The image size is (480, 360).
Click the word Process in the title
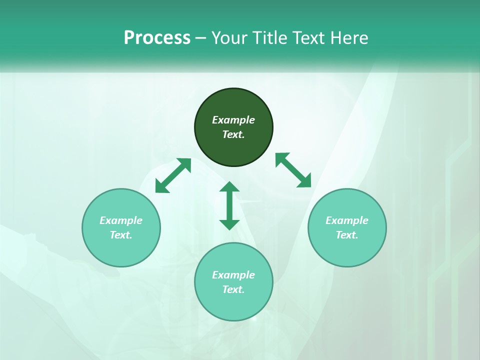(157, 38)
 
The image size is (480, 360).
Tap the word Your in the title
(230, 38)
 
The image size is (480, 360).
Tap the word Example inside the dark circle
(233, 120)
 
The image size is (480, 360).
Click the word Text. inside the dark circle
(233, 134)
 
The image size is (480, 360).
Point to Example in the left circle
(121, 220)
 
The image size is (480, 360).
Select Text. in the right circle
(347, 235)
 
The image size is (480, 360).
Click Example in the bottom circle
(233, 275)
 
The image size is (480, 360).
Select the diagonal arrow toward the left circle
(173, 175)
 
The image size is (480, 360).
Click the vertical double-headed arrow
(229, 205)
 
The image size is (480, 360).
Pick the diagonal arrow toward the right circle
(293, 170)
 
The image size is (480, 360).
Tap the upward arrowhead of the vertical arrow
(229, 186)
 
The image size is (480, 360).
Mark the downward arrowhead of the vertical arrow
(229, 224)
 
